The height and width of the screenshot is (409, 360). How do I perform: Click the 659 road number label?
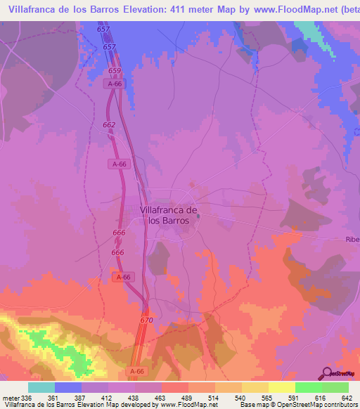(x=116, y=71)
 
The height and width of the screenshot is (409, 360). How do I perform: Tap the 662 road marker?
(x=109, y=125)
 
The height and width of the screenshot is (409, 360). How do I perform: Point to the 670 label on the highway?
(x=146, y=320)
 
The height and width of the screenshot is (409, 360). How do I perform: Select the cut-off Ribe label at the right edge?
(x=352, y=240)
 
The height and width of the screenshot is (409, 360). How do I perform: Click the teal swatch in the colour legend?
(x=41, y=387)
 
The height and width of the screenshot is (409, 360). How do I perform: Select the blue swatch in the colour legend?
(x=68, y=387)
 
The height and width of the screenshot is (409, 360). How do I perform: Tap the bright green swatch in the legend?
(x=308, y=387)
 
